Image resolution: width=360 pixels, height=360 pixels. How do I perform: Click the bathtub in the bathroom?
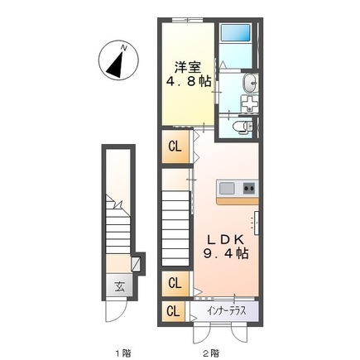[x=236, y=33]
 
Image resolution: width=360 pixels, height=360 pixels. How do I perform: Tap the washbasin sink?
[x=250, y=82]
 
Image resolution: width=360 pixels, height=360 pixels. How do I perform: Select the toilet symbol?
[x=242, y=127]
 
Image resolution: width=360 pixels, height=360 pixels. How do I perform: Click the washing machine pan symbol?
[x=249, y=103]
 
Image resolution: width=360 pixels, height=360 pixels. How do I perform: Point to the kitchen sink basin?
[x=227, y=189]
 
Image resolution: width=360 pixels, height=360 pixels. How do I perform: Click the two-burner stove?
[x=249, y=189]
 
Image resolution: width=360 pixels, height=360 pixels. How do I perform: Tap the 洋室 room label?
[x=188, y=67]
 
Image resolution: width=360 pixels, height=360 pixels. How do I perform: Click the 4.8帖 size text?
[x=188, y=82]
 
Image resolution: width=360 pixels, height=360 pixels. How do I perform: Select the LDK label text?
[x=225, y=239]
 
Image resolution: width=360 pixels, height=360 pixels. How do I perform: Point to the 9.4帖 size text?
[x=226, y=253]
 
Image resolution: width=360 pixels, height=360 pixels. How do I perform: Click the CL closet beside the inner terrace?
[x=173, y=311]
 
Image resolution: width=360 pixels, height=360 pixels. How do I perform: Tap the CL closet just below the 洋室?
[x=175, y=146]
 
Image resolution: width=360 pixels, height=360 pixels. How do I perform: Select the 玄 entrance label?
[x=119, y=287]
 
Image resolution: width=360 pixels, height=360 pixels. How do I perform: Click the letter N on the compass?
[x=124, y=49]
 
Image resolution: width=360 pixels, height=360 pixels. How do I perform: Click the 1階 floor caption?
[x=123, y=353]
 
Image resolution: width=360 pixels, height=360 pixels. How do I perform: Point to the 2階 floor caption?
[x=211, y=353]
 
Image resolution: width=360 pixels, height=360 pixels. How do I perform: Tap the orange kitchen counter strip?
[x=238, y=201]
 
